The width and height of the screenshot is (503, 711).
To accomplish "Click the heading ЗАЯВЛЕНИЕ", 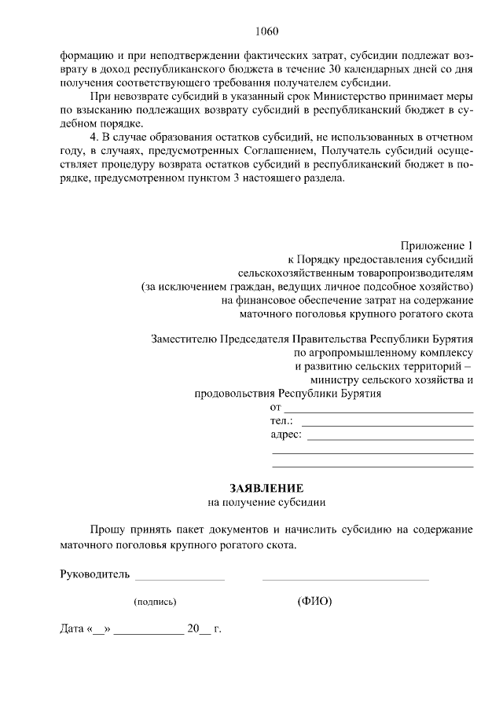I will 266,487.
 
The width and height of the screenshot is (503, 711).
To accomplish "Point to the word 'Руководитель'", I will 94,574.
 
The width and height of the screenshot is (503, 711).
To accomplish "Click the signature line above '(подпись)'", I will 179,579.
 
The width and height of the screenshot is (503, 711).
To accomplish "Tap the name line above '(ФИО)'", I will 345,579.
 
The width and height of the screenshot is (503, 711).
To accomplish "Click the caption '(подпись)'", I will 155,603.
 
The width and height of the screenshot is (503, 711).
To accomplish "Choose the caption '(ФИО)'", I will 314,602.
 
